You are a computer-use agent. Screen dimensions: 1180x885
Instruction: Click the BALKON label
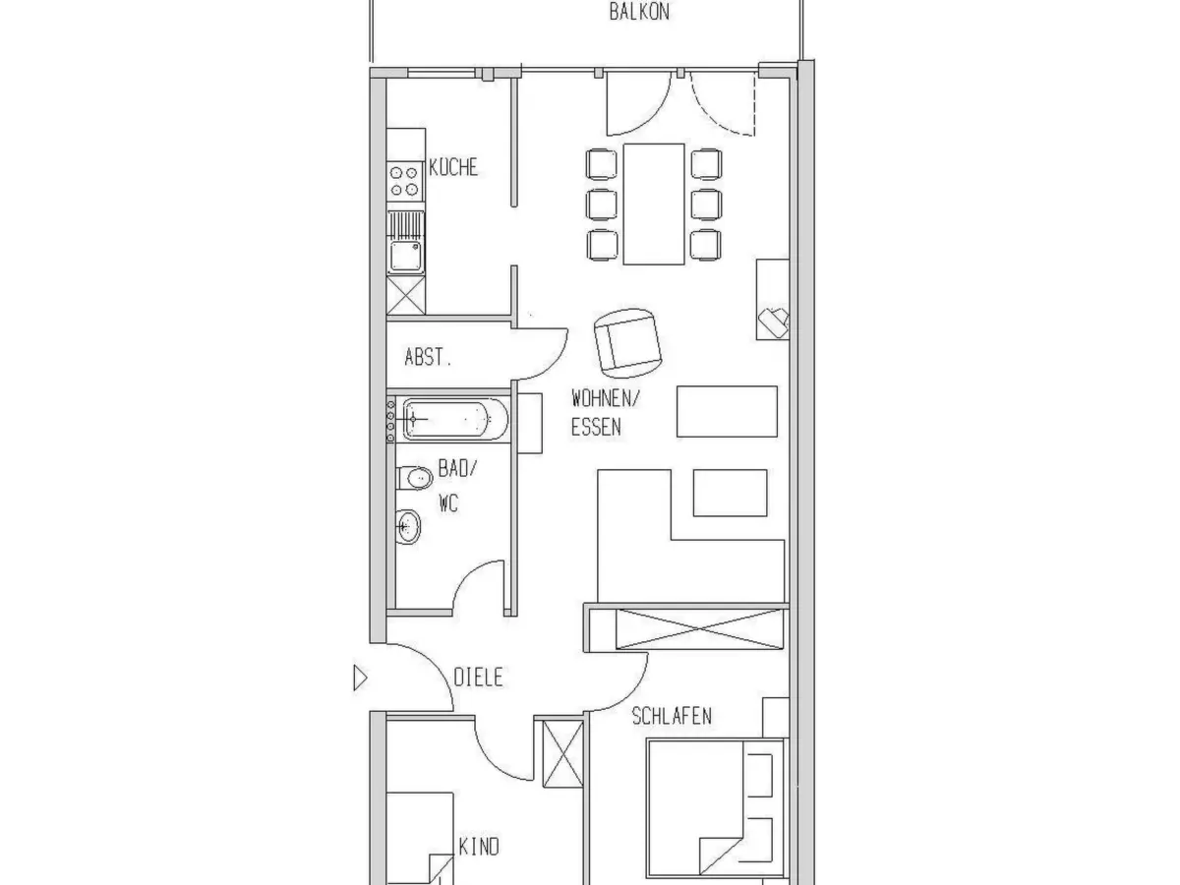639,12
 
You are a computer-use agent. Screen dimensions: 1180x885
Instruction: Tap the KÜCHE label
453,167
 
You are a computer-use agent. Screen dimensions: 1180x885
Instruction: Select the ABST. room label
428,357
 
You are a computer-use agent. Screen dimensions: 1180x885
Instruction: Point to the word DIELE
479,678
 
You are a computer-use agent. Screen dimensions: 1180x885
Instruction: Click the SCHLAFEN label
672,716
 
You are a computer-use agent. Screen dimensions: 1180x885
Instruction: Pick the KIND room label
479,847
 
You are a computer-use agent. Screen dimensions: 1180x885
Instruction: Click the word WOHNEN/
606,398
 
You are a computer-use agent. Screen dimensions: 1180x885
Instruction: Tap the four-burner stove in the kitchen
404,181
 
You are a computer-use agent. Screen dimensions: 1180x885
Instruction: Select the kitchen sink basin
405,256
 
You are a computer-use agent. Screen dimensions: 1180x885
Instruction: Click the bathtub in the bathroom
455,419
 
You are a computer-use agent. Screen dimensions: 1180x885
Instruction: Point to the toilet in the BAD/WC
415,478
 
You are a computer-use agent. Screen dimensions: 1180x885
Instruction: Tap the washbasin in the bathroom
408,527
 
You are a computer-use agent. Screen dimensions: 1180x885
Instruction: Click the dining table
654,205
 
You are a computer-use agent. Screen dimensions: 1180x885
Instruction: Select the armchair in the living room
628,343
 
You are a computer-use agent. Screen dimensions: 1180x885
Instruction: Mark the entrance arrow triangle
360,678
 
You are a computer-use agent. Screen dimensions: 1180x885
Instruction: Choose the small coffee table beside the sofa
730,493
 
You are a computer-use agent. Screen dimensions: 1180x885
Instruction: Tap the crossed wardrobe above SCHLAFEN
699,629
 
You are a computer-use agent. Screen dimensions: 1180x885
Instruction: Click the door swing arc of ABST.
555,366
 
